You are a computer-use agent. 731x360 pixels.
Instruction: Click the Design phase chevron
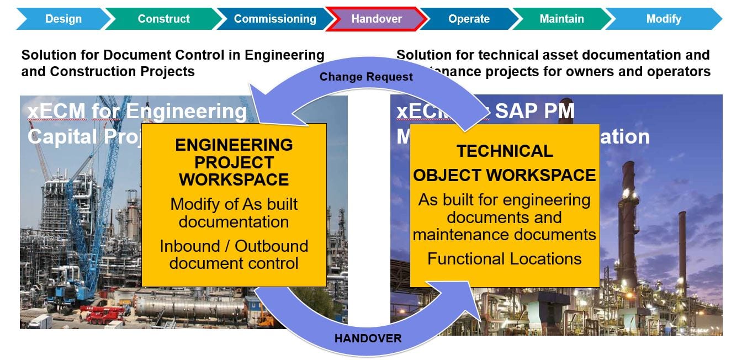63,19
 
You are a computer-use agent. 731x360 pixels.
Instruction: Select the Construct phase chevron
163,19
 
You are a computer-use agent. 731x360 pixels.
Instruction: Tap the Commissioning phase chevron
274,19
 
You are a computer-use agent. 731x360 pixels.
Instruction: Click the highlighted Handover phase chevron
377,19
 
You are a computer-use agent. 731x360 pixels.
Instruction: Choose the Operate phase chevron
469,19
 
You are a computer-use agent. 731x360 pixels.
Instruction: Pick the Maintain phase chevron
562,19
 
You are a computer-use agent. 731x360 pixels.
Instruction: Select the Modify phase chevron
664,19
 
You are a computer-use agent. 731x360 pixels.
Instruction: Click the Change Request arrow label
366,77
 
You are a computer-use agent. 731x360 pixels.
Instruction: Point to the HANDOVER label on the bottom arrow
368,338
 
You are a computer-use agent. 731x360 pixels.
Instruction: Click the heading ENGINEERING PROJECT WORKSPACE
234,162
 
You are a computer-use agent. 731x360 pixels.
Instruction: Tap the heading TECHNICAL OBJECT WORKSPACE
505,163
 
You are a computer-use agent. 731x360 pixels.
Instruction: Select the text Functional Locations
505,259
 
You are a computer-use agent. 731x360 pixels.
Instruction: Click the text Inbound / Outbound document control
234,255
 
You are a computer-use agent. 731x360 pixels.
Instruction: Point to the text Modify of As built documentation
234,213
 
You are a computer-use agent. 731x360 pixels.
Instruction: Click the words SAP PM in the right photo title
534,112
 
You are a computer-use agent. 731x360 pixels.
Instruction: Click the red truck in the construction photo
105,314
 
